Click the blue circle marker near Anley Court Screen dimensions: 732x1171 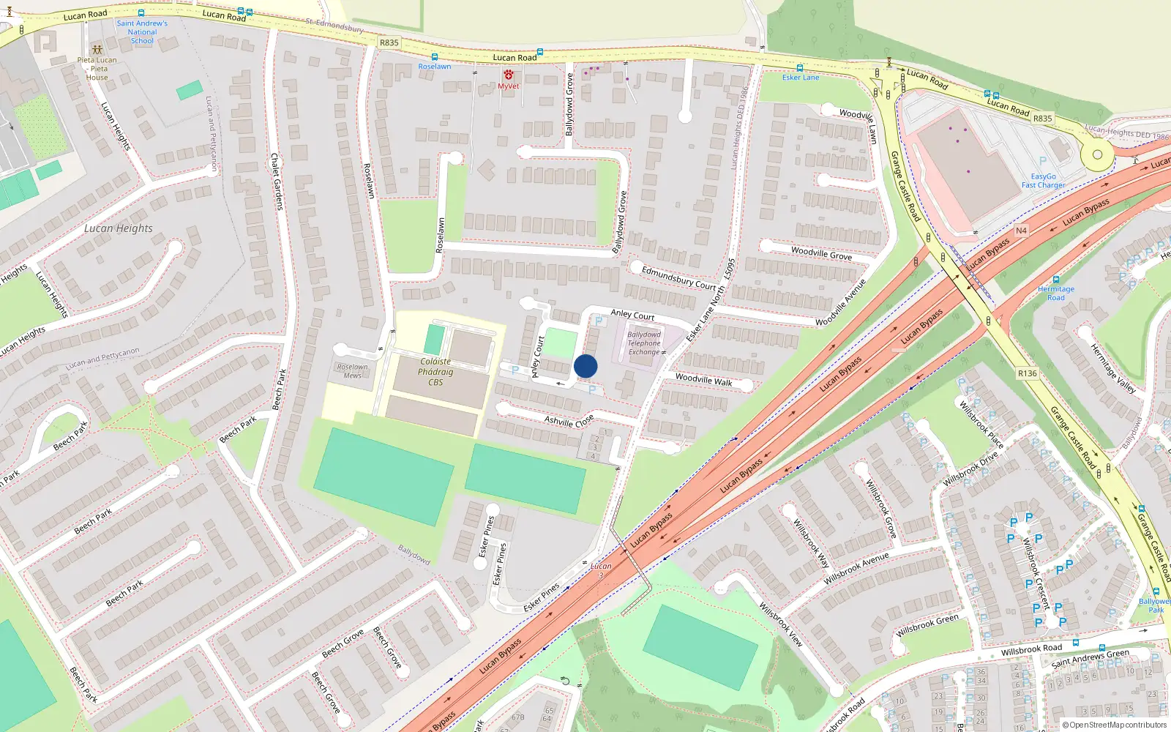click(585, 366)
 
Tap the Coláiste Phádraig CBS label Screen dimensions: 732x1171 click(435, 372)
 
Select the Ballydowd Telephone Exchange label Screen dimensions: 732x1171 click(644, 343)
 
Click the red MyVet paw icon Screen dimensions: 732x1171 click(508, 75)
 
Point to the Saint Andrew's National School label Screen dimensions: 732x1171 click(142, 32)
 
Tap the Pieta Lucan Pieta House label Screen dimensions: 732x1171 click(97, 68)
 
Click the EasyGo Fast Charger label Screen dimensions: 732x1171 click(1043, 181)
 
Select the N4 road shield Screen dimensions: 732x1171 click(1021, 231)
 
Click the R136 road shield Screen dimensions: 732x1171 click(1027, 373)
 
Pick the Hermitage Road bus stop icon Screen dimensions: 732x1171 click(1055, 280)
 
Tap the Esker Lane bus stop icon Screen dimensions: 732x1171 click(799, 68)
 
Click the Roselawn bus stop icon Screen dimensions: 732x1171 click(435, 57)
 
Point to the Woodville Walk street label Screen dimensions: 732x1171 click(703, 380)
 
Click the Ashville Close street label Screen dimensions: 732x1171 click(569, 422)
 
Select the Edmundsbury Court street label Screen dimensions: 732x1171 click(678, 278)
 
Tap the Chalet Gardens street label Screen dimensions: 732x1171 click(276, 182)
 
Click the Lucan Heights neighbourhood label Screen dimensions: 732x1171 click(119, 228)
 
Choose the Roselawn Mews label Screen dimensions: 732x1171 click(352, 371)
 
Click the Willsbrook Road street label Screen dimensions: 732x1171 click(1031, 649)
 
